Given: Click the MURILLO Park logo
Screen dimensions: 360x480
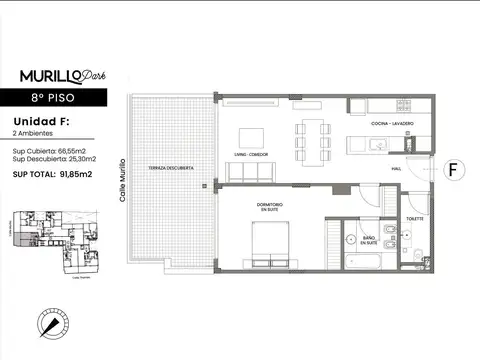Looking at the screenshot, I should click(x=60, y=75).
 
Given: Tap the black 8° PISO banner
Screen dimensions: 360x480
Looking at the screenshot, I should click(x=60, y=98).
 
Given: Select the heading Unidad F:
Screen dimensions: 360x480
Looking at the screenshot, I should click(x=41, y=121).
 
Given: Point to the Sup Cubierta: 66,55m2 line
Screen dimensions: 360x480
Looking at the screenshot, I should click(x=52, y=149).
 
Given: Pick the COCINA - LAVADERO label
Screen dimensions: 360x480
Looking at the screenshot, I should click(x=391, y=124).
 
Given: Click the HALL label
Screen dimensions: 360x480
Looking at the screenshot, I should click(x=396, y=170).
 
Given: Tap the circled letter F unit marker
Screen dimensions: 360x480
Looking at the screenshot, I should click(x=453, y=170).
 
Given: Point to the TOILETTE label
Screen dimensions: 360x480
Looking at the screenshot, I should click(x=415, y=218).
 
